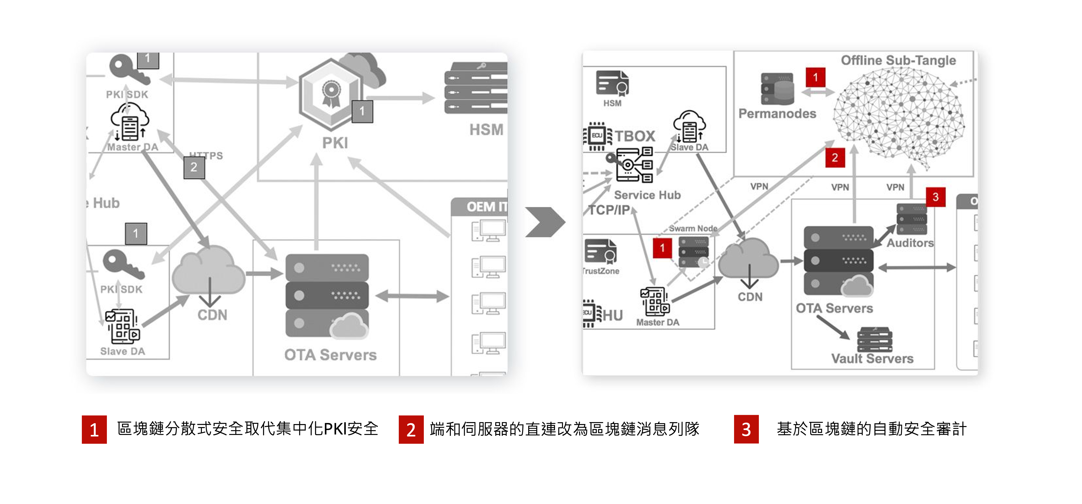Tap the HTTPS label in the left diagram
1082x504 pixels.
(206, 155)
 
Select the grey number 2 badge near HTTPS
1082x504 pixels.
(194, 167)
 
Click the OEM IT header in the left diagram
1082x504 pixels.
(486, 207)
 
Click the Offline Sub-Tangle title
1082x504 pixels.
(898, 61)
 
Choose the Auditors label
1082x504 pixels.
(910, 243)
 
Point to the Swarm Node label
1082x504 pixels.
(693, 228)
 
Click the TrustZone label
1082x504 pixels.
(601, 271)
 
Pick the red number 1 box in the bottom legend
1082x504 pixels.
(94, 429)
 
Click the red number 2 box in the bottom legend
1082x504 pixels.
(411, 429)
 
